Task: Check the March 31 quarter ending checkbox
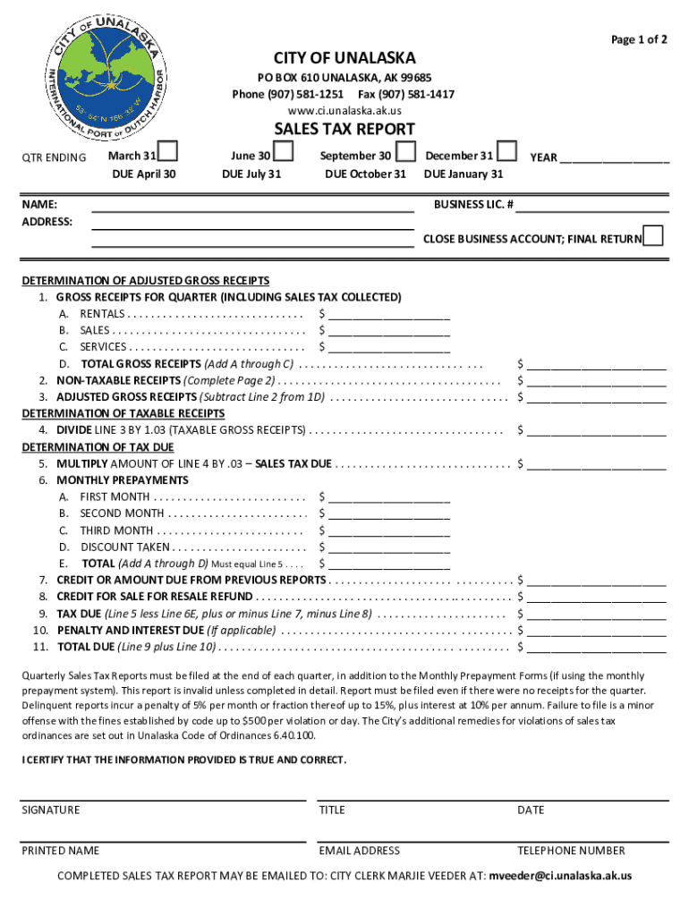coord(167,151)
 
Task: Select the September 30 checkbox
coord(405,151)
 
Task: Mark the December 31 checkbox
coord(506,151)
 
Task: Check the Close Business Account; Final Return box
coord(654,236)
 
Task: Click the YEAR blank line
coord(615,158)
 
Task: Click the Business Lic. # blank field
coord(592,206)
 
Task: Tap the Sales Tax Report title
coord(344,130)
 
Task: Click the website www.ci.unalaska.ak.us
coord(344,110)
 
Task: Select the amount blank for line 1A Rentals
coord(389,315)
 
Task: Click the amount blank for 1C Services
coord(389,347)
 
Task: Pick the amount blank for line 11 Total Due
coord(597,647)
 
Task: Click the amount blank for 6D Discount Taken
coord(389,547)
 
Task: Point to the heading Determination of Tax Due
coord(98,447)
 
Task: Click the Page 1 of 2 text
coord(639,39)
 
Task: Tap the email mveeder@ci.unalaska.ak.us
coord(560,876)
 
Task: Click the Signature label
coord(51,810)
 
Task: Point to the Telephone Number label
coord(571,851)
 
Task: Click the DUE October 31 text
coord(365,174)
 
